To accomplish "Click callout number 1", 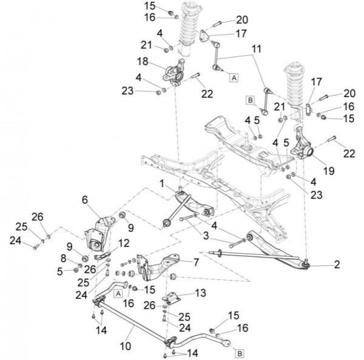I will [162, 182].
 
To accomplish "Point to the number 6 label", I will [84, 199].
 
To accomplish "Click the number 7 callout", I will [195, 262].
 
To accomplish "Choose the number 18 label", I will [143, 61].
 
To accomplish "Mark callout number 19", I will [328, 171].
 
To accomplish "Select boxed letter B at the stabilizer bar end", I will [239, 353].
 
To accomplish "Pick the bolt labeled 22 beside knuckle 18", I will [195, 76].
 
